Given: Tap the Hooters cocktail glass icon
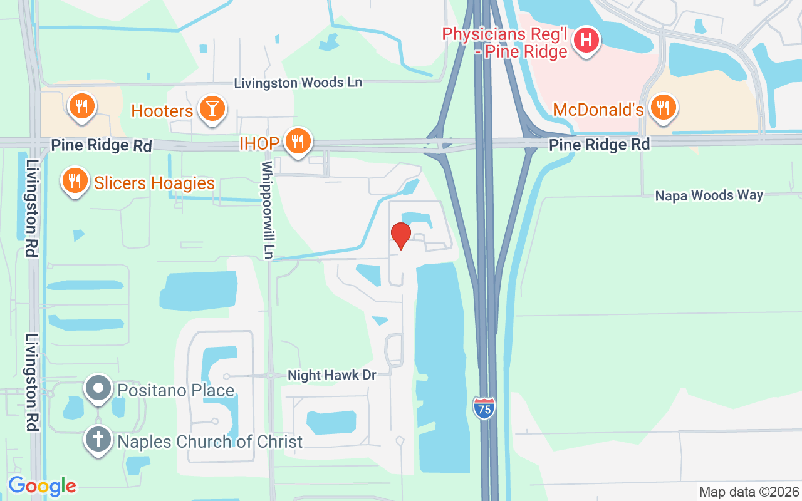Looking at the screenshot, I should click(x=212, y=109).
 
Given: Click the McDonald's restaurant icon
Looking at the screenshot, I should click(x=663, y=106).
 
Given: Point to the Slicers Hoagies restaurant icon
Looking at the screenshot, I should click(x=75, y=181).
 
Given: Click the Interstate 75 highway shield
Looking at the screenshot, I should click(x=484, y=408).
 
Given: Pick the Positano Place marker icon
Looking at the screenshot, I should click(x=98, y=389).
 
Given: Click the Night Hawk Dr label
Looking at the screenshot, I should click(x=331, y=375).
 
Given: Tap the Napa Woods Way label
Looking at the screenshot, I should click(x=709, y=195).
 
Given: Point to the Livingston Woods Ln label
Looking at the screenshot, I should click(x=298, y=83).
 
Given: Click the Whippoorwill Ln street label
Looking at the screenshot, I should click(x=268, y=210).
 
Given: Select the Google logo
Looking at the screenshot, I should click(x=42, y=486).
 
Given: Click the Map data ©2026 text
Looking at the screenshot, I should click(x=749, y=492).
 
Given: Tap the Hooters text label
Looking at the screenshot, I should click(x=162, y=111).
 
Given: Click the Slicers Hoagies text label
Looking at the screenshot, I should click(x=154, y=183).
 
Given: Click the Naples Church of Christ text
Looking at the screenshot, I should click(x=210, y=442).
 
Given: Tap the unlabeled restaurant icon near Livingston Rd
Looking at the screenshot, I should click(x=81, y=106).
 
